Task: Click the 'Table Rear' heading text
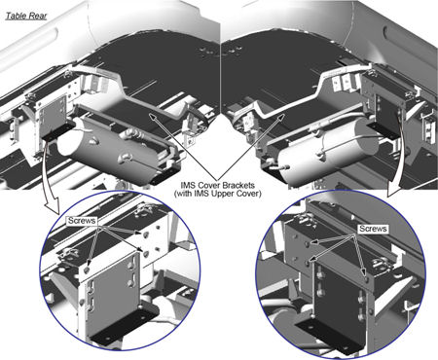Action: pyautogui.click(x=26, y=16)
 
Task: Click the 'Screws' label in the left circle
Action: pyautogui.click(x=82, y=221)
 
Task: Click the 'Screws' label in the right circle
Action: pyautogui.click(x=373, y=229)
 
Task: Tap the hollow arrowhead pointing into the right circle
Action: pyautogui.click(x=393, y=191)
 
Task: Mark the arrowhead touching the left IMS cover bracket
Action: pyautogui.click(x=152, y=116)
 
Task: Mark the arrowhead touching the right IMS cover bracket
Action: pyautogui.click(x=281, y=116)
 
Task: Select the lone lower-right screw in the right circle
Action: pyautogui.click(x=366, y=278)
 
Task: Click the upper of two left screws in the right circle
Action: pyautogui.click(x=307, y=242)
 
